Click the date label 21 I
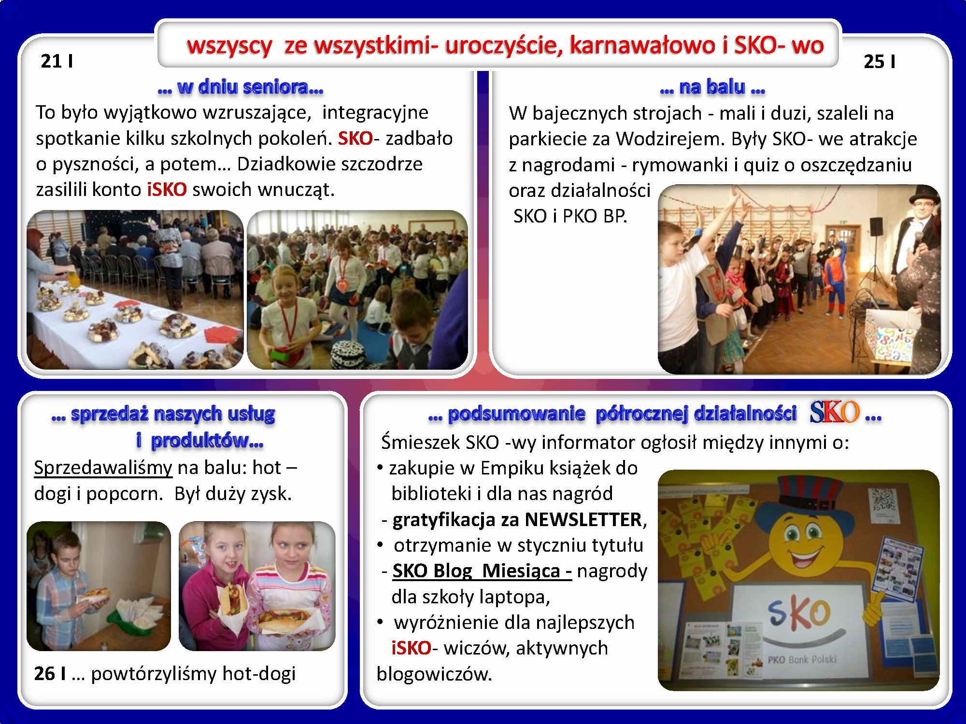point(57,61)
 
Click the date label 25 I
point(880,62)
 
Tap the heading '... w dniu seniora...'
point(241,87)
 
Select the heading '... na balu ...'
point(712,87)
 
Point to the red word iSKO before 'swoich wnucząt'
point(167,190)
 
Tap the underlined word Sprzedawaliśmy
point(103,468)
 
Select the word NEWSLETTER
point(583,520)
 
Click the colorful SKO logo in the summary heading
point(835,412)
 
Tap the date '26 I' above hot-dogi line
point(50,674)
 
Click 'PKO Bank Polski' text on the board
point(802,659)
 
